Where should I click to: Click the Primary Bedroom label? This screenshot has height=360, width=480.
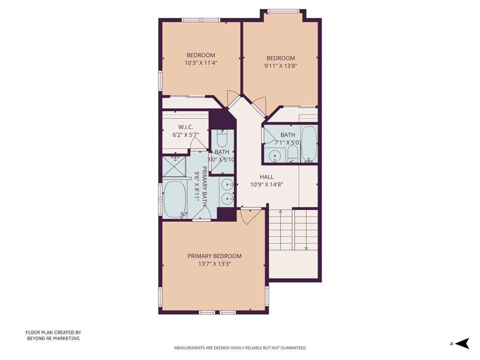coord(214,256)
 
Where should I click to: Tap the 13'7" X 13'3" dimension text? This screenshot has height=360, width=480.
coord(214,264)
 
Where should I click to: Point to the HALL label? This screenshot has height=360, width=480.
coord(267,177)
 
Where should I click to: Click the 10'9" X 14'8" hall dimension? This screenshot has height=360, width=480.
coord(267,185)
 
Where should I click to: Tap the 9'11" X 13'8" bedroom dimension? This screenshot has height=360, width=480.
coord(281,66)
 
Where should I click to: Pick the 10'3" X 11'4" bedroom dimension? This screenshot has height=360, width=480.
coord(201,63)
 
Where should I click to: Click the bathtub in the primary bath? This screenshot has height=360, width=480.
coord(175,199)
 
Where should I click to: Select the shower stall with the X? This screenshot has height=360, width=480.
coord(174,166)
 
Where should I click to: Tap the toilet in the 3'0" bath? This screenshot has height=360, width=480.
coord(222,138)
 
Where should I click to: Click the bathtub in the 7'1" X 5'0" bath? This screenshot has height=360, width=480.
coord(309,143)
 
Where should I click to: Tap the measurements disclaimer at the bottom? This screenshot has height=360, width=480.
coord(240,348)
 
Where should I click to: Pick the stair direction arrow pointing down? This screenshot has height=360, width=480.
coord(306,230)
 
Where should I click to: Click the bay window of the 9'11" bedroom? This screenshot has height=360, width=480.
coord(283,12)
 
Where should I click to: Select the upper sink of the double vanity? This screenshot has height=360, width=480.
coord(227,185)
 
